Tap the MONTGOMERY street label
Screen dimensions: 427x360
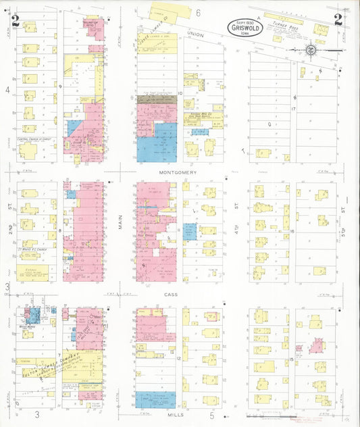pyautogui.click(x=178, y=172)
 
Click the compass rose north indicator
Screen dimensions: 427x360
pyautogui.click(x=309, y=49)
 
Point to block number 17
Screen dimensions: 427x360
pyautogui.click(x=294, y=108)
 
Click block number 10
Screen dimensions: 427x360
pyautogui.click(x=180, y=93)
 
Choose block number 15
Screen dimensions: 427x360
pyautogui.click(x=291, y=359)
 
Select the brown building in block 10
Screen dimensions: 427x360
pyautogui.click(x=156, y=99)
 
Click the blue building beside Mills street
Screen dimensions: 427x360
pyautogui.click(x=155, y=400)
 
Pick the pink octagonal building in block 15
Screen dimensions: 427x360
pyautogui.click(x=315, y=346)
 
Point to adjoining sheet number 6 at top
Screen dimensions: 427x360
pyautogui.click(x=199, y=12)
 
